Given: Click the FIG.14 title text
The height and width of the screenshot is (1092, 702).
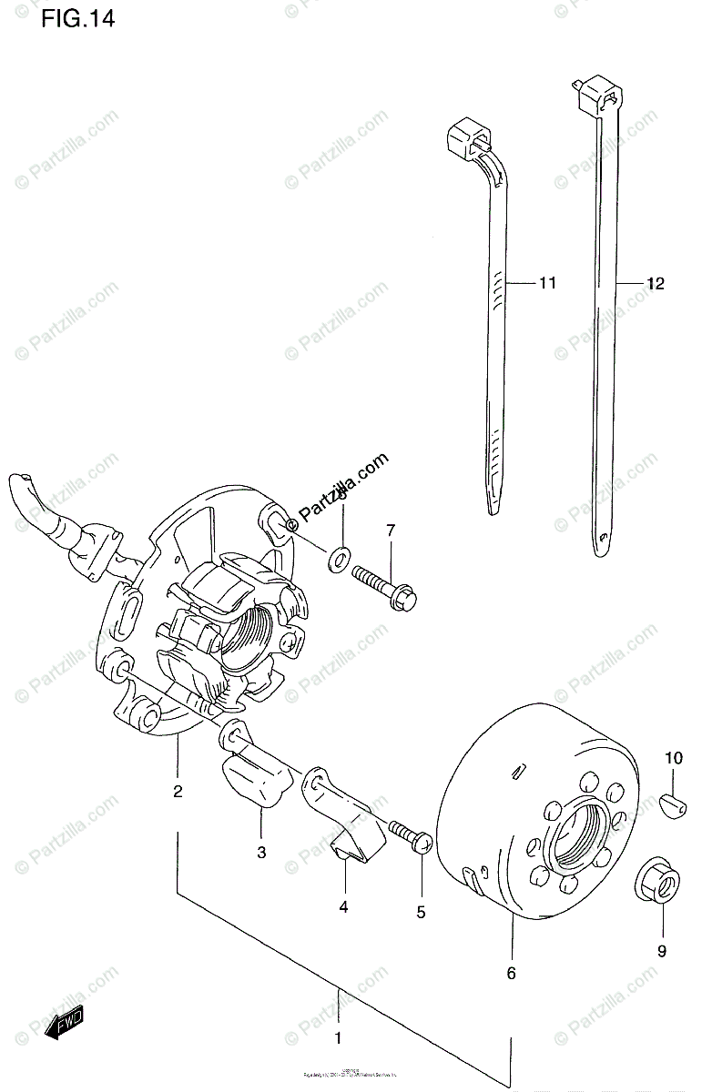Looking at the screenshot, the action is point(77,19).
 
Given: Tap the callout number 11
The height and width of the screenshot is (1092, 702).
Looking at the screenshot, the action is point(546,283).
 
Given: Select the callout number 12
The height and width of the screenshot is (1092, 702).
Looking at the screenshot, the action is point(656,284).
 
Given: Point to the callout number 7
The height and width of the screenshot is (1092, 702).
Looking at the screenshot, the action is point(390,531).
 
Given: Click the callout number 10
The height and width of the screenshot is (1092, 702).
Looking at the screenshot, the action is point(673,757).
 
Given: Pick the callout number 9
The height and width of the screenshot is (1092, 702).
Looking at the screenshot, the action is point(662,951).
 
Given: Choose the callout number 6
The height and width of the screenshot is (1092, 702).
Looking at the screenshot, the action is point(511,974).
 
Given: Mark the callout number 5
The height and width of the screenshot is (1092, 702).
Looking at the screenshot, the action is point(421,913).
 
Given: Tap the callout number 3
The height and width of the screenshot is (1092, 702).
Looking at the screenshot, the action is point(261,852).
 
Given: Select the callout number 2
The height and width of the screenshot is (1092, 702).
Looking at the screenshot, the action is point(178,791).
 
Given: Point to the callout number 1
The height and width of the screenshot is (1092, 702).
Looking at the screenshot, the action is point(338,1038).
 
